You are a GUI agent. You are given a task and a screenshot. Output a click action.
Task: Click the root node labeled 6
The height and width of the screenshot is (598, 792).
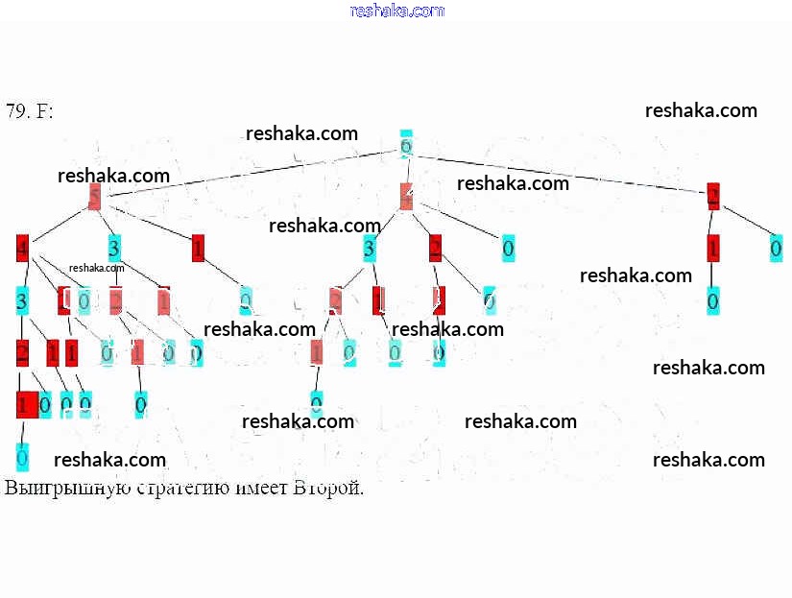pyautogui.click(x=405, y=145)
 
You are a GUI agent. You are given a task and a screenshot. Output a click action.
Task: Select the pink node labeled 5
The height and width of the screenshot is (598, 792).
pyautogui.click(x=94, y=198)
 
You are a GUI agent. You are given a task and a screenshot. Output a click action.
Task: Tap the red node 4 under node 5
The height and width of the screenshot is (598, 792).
pyautogui.click(x=22, y=250)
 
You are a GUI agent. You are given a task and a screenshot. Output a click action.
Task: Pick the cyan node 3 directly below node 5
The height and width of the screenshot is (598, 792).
pyautogui.click(x=114, y=250)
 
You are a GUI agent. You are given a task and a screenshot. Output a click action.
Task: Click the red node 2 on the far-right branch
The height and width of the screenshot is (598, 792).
pyautogui.click(x=713, y=198)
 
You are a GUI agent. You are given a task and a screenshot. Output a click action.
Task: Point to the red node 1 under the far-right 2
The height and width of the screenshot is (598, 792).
pyautogui.click(x=712, y=249)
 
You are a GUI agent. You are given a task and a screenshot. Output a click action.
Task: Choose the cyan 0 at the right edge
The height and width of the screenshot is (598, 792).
pyautogui.click(x=776, y=249)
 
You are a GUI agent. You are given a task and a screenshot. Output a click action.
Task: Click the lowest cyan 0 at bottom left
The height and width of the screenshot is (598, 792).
pyautogui.click(x=22, y=456)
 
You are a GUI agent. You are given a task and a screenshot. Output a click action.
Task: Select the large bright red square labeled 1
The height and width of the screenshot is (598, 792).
pyautogui.click(x=27, y=404)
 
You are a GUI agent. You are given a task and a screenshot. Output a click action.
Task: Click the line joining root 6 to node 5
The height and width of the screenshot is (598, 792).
pyautogui.click(x=250, y=172)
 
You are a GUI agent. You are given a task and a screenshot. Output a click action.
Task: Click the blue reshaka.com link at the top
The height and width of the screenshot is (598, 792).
pyautogui.click(x=397, y=11)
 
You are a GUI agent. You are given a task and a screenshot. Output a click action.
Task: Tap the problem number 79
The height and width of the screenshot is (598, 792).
pyautogui.click(x=16, y=111)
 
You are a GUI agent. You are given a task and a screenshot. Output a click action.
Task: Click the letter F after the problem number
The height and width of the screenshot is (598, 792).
pyautogui.click(x=44, y=111)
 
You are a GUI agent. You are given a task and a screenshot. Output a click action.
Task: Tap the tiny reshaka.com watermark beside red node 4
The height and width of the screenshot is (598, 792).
pyautogui.click(x=97, y=268)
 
